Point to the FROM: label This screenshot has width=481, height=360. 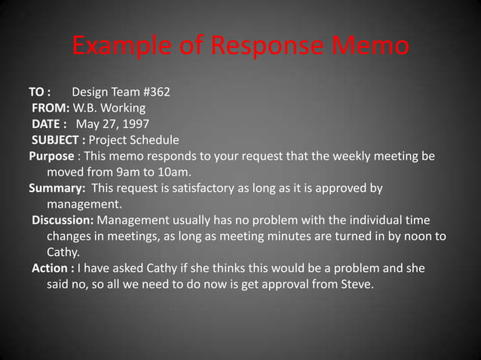[x=50, y=108]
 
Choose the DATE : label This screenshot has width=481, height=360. [x=50, y=124]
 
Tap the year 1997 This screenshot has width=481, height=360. [x=134, y=124]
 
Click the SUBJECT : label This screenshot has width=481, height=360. [x=58, y=140]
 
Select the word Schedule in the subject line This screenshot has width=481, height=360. [x=155, y=140]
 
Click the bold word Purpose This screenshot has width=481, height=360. [x=51, y=156]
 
